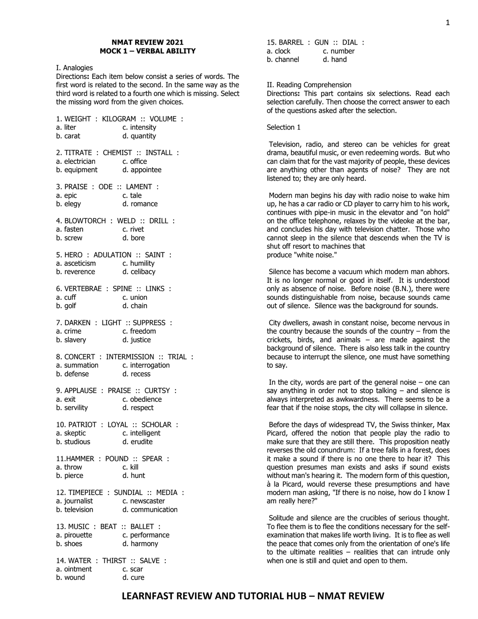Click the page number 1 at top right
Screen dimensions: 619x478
pyautogui.click(x=447, y=23)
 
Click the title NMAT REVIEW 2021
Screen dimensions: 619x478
pyautogui.click(x=147, y=42)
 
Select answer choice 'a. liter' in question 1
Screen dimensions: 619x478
pyautogui.click(x=66, y=127)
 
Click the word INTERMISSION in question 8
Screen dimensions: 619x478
pyautogui.click(x=130, y=357)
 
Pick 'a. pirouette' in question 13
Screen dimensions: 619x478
pyautogui.click(x=74, y=535)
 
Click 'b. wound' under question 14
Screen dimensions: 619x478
pyautogui.click(x=71, y=578)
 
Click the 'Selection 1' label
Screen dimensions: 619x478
pyautogui.click(x=284, y=127)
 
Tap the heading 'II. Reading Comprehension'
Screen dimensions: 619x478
pyautogui.click(x=309, y=85)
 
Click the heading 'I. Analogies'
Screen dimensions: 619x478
pyautogui.click(x=74, y=68)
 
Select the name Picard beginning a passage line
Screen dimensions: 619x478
pyautogui.click(x=279, y=433)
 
